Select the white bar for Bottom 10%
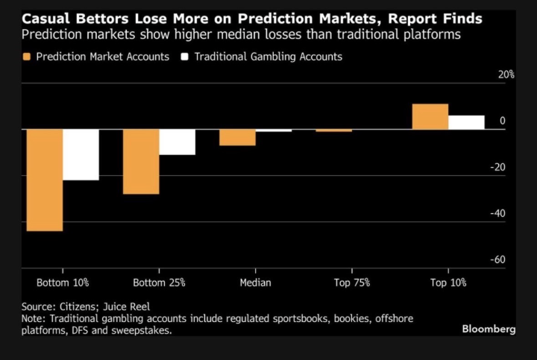pos(81,154)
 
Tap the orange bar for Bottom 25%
pos(141,161)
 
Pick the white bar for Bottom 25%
pos(178,142)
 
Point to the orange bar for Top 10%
pos(430,116)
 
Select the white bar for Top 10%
pos(466,122)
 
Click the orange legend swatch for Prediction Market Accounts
pos(27,57)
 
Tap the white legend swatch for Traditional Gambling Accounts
pos(185,57)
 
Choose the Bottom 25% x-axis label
pos(159,283)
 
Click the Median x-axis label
pos(255,283)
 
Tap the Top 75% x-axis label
pos(351,283)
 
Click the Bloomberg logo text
pos(488,329)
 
